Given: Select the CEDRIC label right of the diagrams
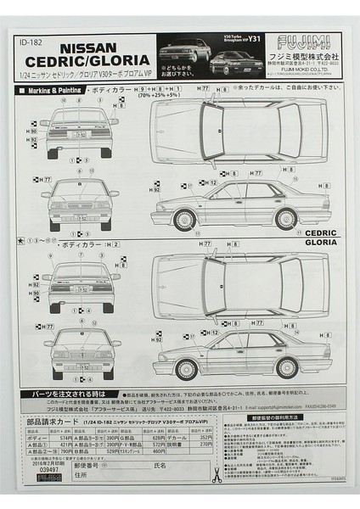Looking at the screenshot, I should pos(320,232).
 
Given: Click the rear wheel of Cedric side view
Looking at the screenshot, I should pos(285,220).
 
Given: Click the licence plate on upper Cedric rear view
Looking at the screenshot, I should pos(80,134).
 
